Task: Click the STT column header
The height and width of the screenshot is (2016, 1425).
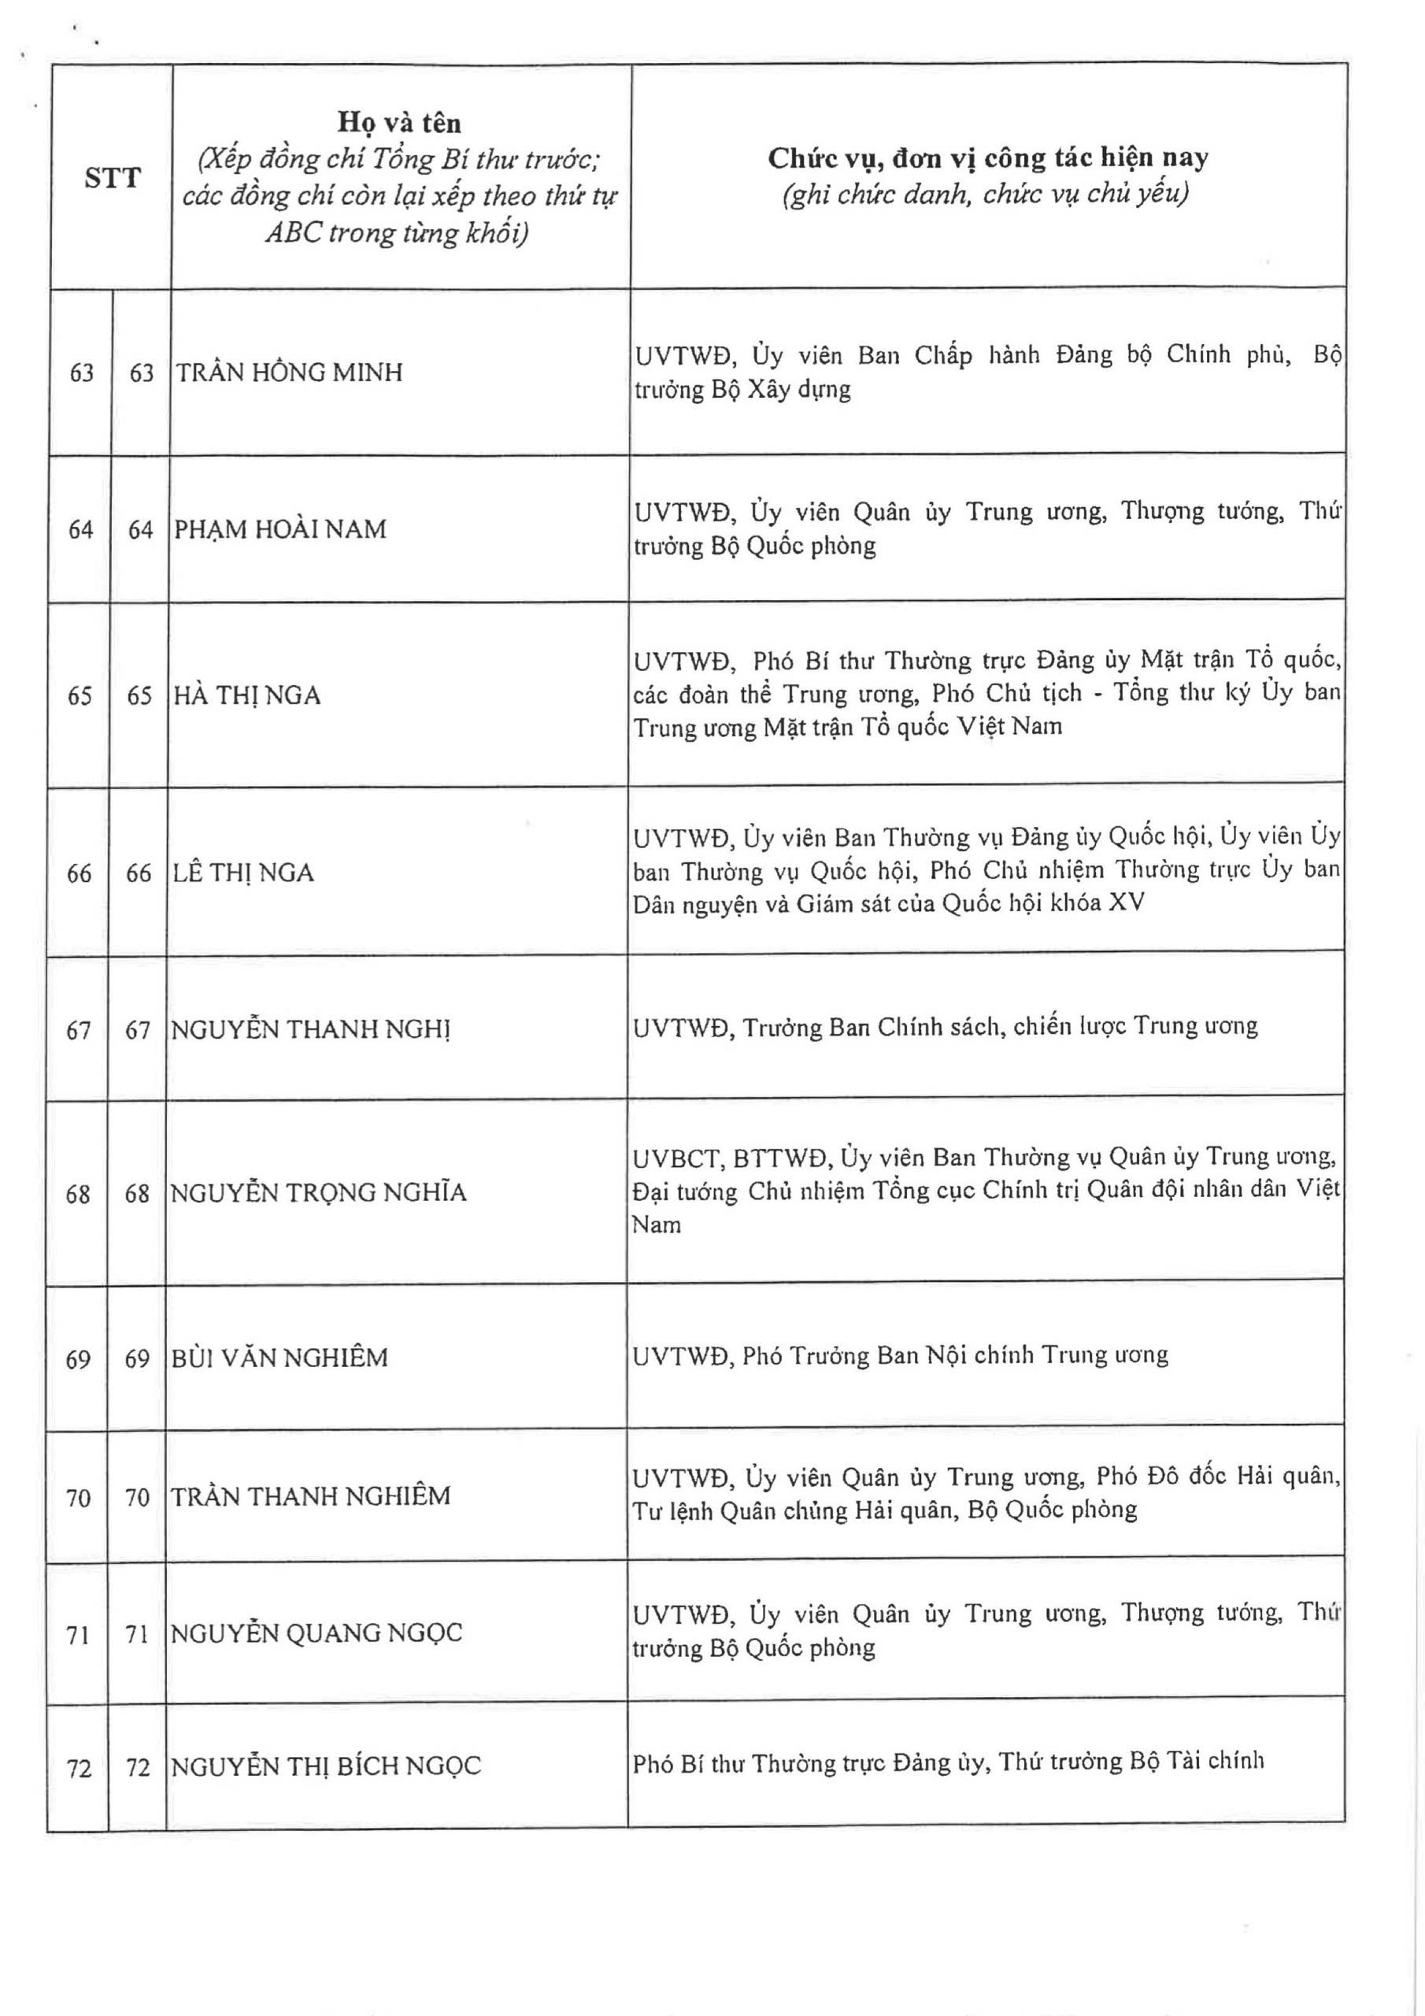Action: [112, 178]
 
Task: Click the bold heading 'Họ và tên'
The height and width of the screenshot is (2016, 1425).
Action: [399, 123]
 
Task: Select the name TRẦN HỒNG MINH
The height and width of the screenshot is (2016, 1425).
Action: [290, 372]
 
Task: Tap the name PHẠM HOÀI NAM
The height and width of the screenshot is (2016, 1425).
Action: [281, 529]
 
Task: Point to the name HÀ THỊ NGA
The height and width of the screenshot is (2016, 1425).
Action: [247, 695]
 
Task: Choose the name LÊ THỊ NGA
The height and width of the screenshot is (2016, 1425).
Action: [244, 873]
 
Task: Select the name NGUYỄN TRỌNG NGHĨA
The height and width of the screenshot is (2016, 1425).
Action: [318, 1192]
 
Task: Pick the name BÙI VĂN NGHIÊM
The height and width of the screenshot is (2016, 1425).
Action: [279, 1358]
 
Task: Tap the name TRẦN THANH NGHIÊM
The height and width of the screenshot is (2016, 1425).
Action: [310, 1496]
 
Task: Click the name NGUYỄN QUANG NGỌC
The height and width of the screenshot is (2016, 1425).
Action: [316, 1633]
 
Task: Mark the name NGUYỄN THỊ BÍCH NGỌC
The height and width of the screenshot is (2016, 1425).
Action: [326, 1766]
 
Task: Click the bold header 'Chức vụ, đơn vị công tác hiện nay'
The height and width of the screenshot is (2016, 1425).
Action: [988, 158]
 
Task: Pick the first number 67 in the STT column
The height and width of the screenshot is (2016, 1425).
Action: [79, 1030]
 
